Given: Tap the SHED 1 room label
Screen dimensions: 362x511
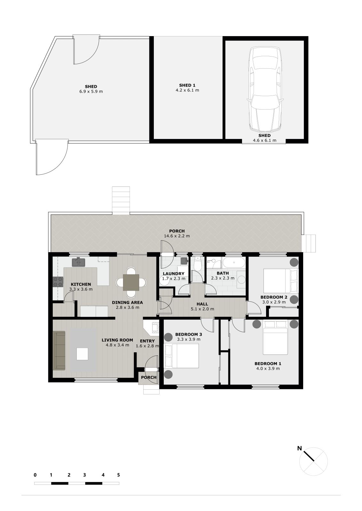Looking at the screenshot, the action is coord(187,85).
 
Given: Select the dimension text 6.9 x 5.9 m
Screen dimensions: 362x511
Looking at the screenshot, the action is coord(91,91).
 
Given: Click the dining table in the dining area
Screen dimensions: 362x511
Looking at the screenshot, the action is coord(131,282).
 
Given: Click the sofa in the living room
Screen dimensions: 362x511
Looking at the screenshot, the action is coord(59,350).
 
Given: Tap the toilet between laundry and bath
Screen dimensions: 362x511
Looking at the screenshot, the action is coord(197,264).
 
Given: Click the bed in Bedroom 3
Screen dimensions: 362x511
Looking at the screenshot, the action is coord(182,356).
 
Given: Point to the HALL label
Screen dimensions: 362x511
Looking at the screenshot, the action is coord(202,304).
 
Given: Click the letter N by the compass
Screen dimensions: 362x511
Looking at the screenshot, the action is coord(299,448).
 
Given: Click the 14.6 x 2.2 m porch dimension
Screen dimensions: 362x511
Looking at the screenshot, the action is coord(177,236).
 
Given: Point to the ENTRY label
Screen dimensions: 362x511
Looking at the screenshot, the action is coord(147,341).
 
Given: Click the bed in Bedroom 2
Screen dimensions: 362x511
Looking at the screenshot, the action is coord(281,281).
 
